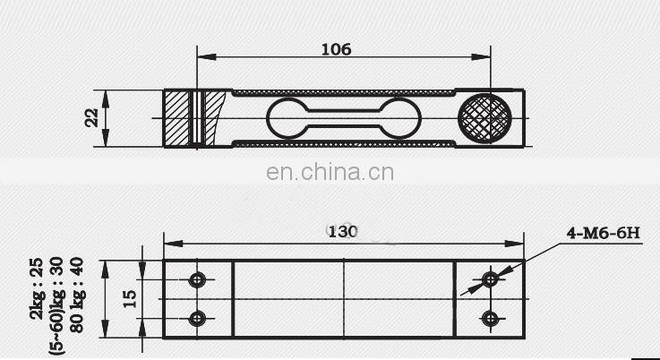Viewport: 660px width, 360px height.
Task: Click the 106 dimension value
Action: pos(336,49)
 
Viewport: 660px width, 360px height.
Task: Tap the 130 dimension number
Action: pos(342,231)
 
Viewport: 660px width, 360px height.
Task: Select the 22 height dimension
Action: pos(91,118)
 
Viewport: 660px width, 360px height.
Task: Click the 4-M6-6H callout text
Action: pos(604,234)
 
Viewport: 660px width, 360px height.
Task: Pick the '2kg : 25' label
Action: pos(37,288)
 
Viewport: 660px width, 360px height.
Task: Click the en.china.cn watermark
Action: pos(330,173)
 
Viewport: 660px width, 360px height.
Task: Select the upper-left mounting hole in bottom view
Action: pos(198,280)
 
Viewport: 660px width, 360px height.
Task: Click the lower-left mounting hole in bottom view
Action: pos(198,318)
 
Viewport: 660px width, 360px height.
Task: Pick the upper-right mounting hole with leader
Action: pos(490,279)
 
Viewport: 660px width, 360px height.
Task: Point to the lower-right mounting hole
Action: pos(490,318)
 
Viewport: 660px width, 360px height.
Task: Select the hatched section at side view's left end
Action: pos(177,118)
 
